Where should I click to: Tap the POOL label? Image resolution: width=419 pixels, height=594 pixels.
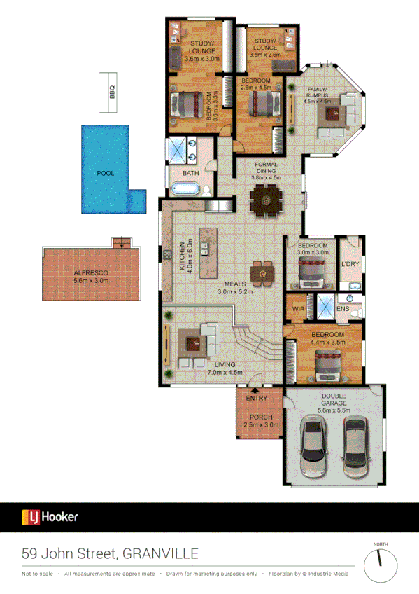coord(105,173)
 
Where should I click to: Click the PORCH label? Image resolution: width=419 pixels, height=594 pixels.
coord(261,417)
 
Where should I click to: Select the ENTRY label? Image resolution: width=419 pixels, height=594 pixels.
coord(257,398)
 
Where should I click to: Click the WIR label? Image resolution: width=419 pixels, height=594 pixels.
coord(297,308)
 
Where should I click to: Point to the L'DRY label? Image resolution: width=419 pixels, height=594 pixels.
coord(349,264)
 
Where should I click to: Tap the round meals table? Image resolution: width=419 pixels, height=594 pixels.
coord(262,272)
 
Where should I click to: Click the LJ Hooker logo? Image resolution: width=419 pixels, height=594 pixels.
coord(50,518)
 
